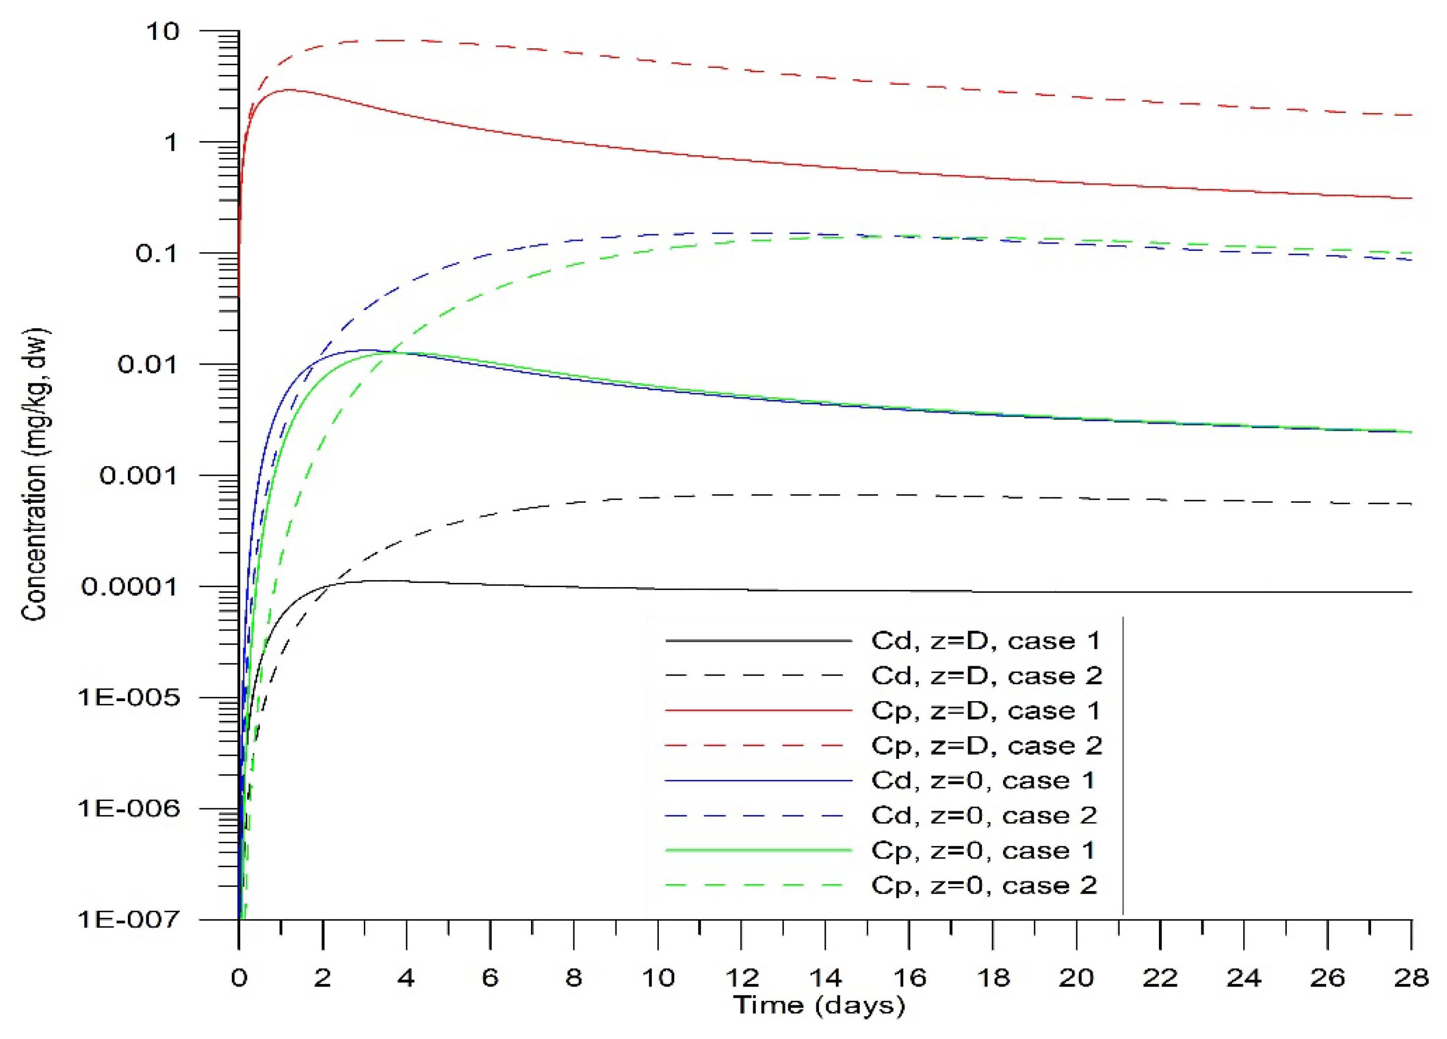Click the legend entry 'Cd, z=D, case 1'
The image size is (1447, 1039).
point(986,640)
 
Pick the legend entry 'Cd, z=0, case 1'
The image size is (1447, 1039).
point(982,780)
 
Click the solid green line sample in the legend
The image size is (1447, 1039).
point(759,850)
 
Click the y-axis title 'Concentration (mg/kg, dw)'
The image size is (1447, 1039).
point(34,475)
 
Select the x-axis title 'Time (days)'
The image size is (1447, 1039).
point(818,1006)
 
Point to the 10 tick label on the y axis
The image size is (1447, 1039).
point(163,31)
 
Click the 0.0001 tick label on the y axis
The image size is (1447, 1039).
point(129,586)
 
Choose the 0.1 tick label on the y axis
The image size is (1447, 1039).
point(157,253)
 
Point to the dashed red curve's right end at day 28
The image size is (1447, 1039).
point(1410,115)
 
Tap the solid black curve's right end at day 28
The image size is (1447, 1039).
point(1410,592)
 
